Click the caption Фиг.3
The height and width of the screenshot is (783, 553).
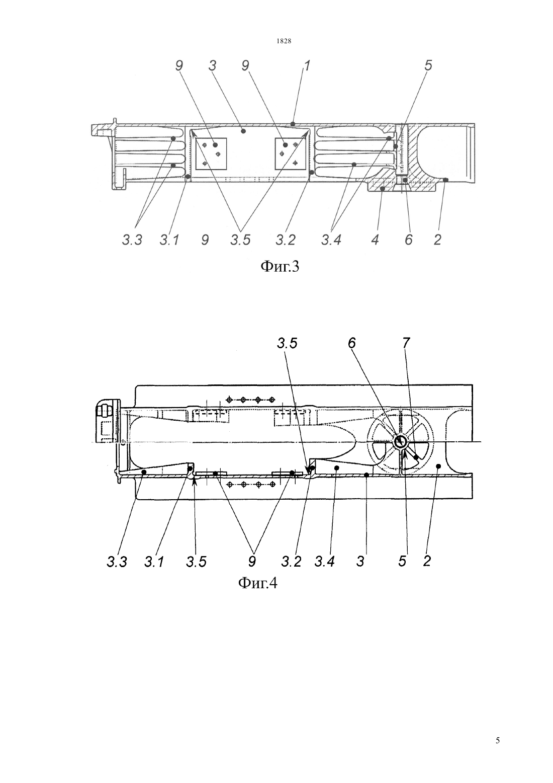point(280,267)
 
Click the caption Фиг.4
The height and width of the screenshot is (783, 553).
point(257,583)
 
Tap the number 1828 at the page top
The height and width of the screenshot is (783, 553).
point(284,41)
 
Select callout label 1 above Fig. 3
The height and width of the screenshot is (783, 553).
point(307,66)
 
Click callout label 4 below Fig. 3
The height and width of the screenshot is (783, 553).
point(375,240)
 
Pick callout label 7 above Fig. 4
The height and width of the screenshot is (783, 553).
point(405,343)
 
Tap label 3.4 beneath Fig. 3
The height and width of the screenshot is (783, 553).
point(331,240)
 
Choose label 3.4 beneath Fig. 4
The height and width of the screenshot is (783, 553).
point(324,562)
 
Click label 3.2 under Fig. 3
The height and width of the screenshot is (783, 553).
point(286,240)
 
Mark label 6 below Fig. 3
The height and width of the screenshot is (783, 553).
point(408,240)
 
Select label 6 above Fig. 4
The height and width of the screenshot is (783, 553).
point(351,343)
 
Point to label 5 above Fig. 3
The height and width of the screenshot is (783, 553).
point(428,66)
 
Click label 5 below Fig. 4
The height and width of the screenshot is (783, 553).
point(402,562)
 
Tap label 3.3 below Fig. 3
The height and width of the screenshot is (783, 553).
point(132,240)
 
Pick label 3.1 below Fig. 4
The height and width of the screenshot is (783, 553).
point(154,562)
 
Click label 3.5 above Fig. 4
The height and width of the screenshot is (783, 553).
point(287,343)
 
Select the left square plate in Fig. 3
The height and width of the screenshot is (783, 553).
point(212,154)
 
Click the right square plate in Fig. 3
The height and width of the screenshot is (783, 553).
point(291,154)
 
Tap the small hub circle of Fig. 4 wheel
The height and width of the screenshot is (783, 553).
point(400,441)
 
